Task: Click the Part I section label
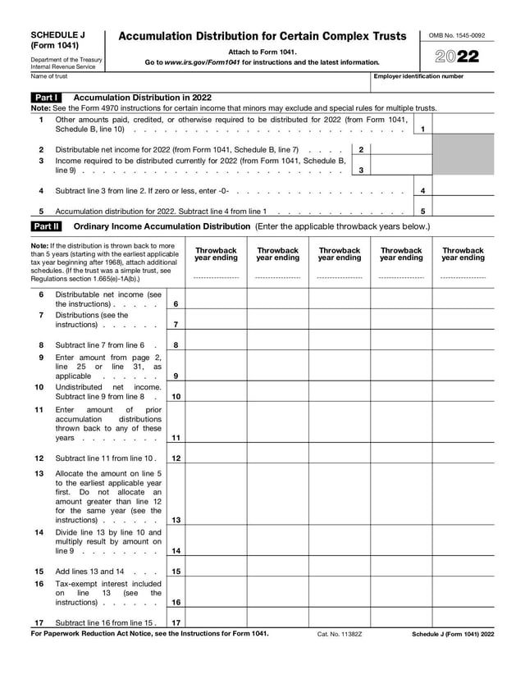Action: (x=44, y=97)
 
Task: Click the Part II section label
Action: (x=44, y=226)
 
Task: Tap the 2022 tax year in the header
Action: (x=459, y=57)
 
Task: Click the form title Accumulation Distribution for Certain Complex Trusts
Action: (x=262, y=37)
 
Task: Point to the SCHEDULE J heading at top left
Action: (x=57, y=35)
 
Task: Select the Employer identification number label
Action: (x=418, y=76)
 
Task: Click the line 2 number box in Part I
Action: (x=361, y=149)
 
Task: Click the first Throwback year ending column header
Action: (x=216, y=254)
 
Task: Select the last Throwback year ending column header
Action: (x=463, y=254)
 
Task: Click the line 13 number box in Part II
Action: (x=176, y=520)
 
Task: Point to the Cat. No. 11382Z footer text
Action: (x=340, y=634)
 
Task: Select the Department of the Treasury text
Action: (x=66, y=60)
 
